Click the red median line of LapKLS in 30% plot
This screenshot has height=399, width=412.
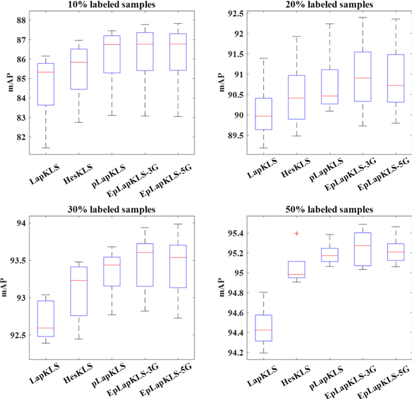(x=46, y=328)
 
